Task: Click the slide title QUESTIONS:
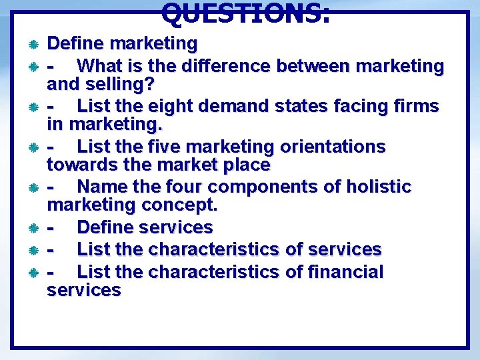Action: [x=245, y=11]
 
